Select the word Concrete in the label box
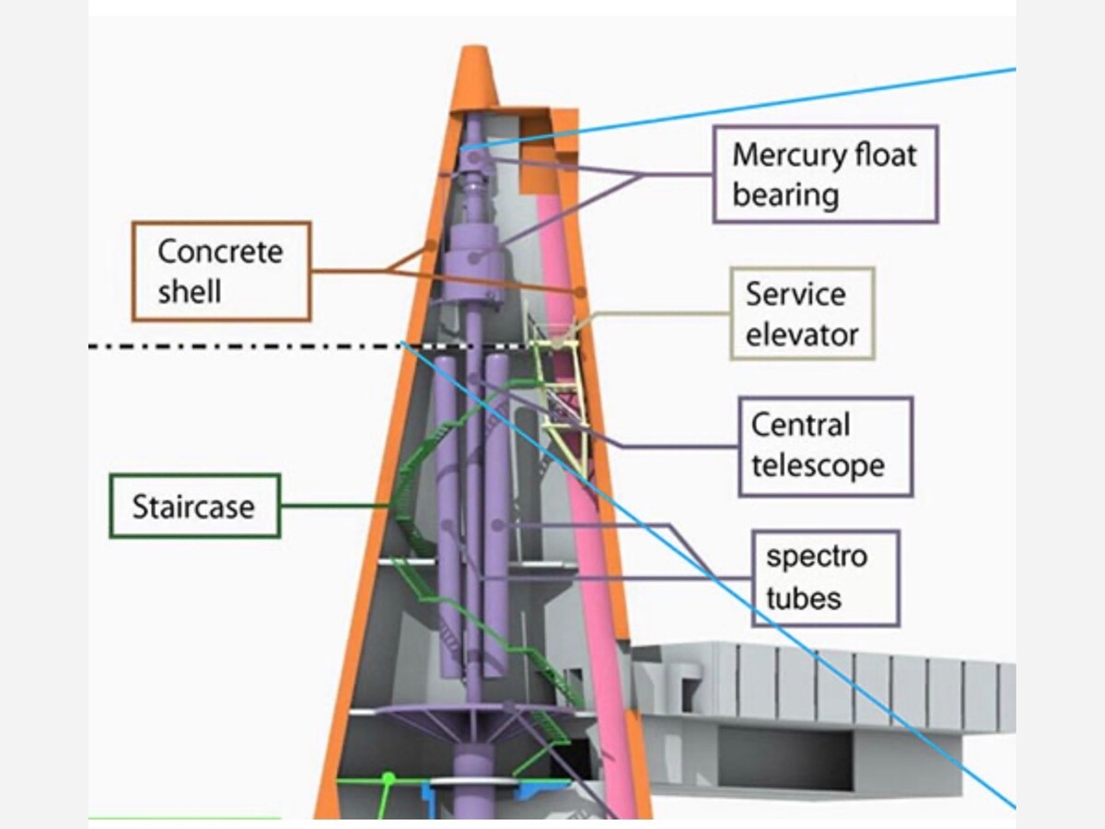220,251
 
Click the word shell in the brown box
190,291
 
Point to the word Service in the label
796,294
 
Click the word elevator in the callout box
802,334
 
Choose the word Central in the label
800,425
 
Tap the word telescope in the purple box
818,465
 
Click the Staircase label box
195,507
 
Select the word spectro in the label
817,557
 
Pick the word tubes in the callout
804,598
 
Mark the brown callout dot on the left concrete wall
430,245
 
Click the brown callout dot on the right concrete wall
581,291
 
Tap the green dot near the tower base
389,778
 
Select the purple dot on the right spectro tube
497,525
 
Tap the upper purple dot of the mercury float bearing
473,158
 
